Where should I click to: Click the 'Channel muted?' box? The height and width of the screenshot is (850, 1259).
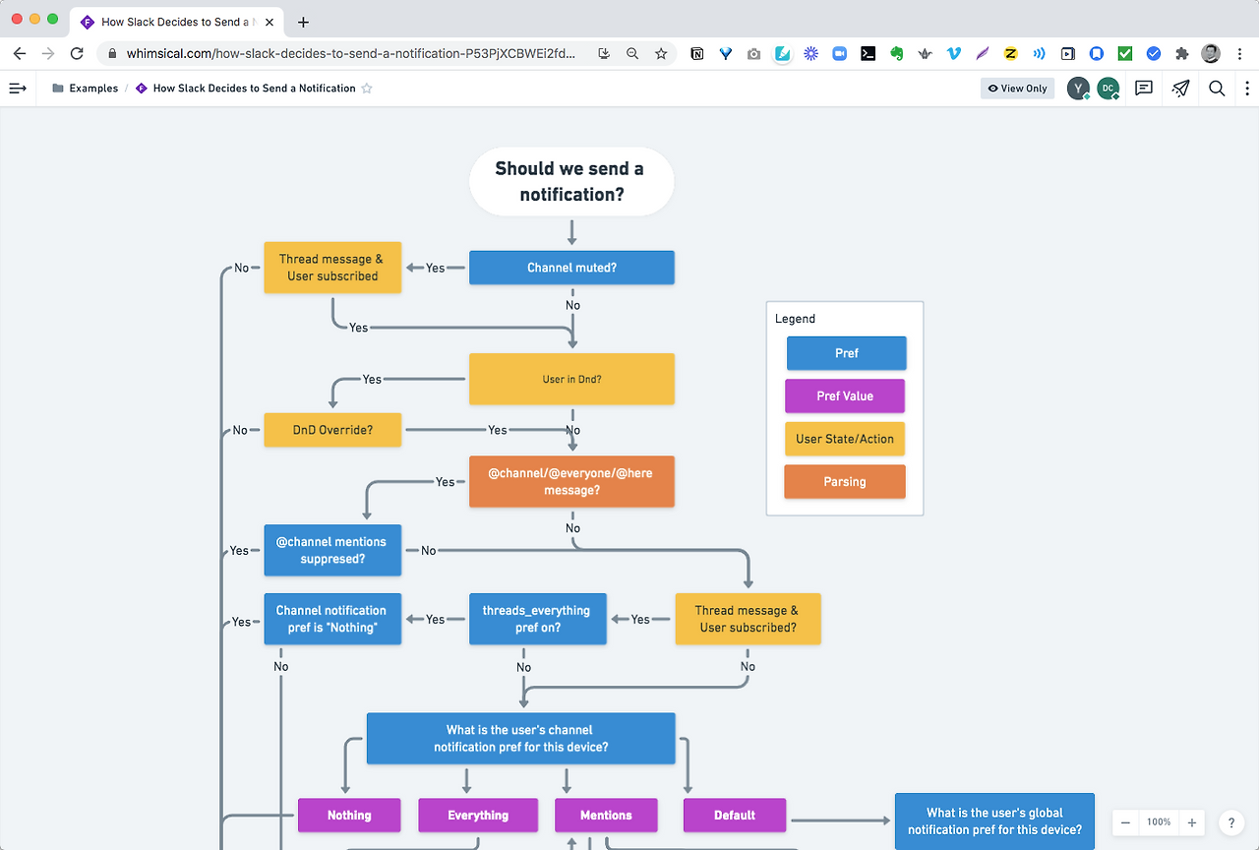point(571,268)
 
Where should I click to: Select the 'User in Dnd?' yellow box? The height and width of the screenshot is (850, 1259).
point(571,379)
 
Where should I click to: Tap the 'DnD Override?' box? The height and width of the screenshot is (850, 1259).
point(332,430)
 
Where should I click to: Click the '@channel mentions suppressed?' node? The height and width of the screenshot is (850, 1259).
point(332,550)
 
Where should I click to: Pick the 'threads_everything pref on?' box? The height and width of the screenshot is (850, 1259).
point(538,619)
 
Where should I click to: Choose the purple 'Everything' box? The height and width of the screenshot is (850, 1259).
point(478,816)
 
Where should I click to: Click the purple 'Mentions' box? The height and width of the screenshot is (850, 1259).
point(606,816)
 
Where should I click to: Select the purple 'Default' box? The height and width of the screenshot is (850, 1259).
point(735,816)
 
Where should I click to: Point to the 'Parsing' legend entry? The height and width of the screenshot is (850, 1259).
point(845,482)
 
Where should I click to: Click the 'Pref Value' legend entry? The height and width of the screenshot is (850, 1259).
point(845,395)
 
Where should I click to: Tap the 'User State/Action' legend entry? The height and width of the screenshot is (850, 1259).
point(845,439)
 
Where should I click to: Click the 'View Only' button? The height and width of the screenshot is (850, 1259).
point(1017,89)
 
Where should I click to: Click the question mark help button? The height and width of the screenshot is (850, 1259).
point(1230,822)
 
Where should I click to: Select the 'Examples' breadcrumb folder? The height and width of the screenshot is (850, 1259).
point(85,89)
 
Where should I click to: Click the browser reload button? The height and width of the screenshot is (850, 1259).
point(77,53)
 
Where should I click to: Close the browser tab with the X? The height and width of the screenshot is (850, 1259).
point(270,22)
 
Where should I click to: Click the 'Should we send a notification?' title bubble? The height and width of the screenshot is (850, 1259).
point(571,182)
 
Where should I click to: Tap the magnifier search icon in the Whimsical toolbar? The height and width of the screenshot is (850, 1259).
point(1217,89)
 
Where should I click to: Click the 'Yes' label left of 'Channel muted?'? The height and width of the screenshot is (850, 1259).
point(435,268)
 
